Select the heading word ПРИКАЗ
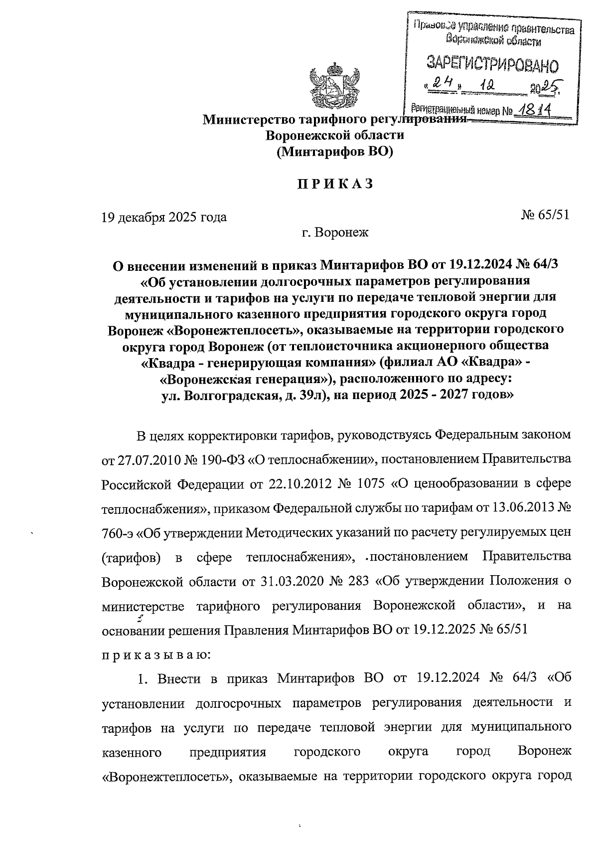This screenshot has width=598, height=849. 335,184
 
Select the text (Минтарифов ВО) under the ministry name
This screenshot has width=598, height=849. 335,152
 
